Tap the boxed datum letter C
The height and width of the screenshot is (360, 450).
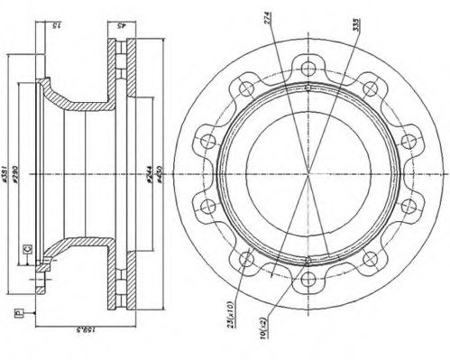coord(29,249)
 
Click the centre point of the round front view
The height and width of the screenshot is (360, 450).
coord(308,173)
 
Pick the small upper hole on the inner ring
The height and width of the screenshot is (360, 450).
coord(308,88)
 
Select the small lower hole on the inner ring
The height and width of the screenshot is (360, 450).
coord(308,260)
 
